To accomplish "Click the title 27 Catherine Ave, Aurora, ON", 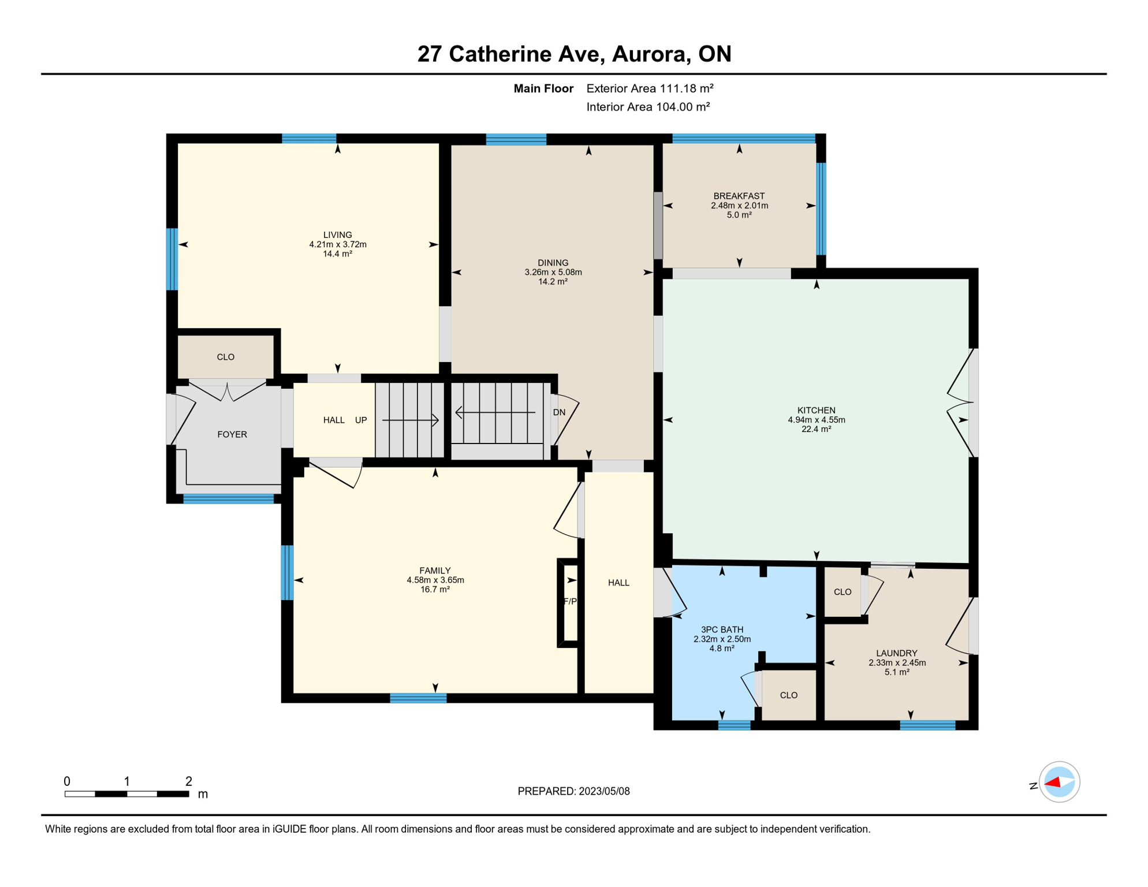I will (x=574, y=54).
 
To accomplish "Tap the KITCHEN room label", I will (x=816, y=410).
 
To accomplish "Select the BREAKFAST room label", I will (x=739, y=196).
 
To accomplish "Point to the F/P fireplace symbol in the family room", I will (x=569, y=602).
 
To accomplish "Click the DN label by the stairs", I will (x=559, y=412).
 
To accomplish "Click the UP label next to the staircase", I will (x=361, y=420).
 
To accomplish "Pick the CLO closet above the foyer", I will (x=226, y=357).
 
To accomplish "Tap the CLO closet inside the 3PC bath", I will (x=788, y=695).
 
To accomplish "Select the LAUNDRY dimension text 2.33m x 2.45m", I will (x=897, y=663).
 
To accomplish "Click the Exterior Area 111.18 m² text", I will (x=650, y=88).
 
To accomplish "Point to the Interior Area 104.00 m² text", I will (x=648, y=107).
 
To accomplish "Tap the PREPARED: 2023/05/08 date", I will (x=573, y=791).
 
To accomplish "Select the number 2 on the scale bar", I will (x=188, y=781).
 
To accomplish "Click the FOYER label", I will (x=232, y=434).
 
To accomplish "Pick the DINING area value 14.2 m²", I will (x=553, y=282).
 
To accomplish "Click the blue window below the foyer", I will (x=228, y=499).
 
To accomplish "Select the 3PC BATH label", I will (x=722, y=629).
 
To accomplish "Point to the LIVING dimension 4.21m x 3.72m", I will (x=338, y=244).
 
